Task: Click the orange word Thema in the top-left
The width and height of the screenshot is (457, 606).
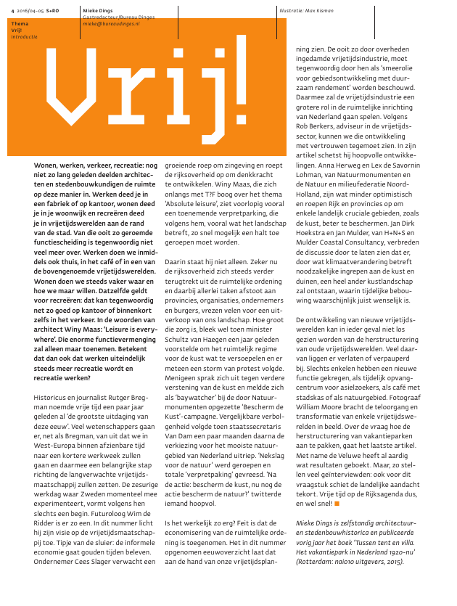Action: tap(19, 24)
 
